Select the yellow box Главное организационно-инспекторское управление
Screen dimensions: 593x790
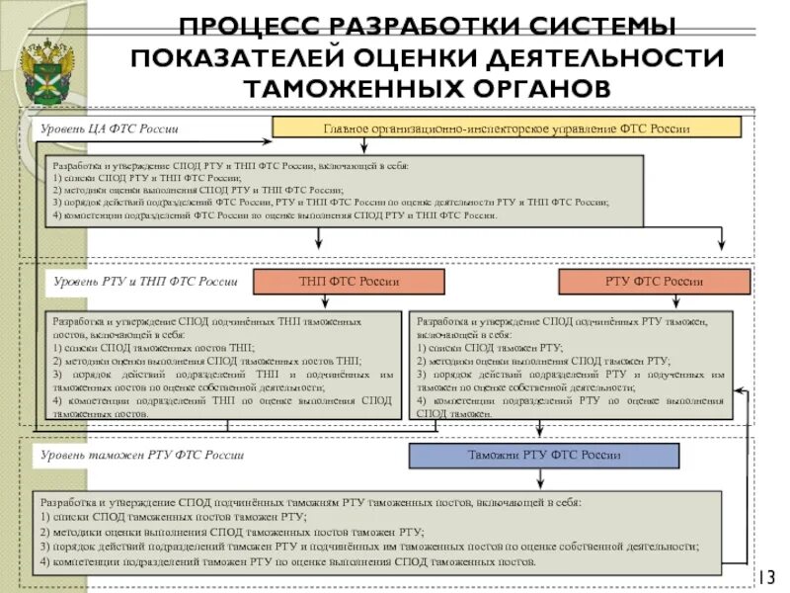coord(506,127)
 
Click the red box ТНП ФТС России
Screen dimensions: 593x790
coord(349,282)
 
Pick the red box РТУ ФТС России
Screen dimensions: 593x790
coord(654,282)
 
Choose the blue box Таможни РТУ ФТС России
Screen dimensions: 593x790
coord(544,456)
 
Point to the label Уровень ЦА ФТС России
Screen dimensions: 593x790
coord(109,129)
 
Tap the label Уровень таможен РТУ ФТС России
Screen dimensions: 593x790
coord(141,456)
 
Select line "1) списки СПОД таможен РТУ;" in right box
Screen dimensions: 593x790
coord(491,349)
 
